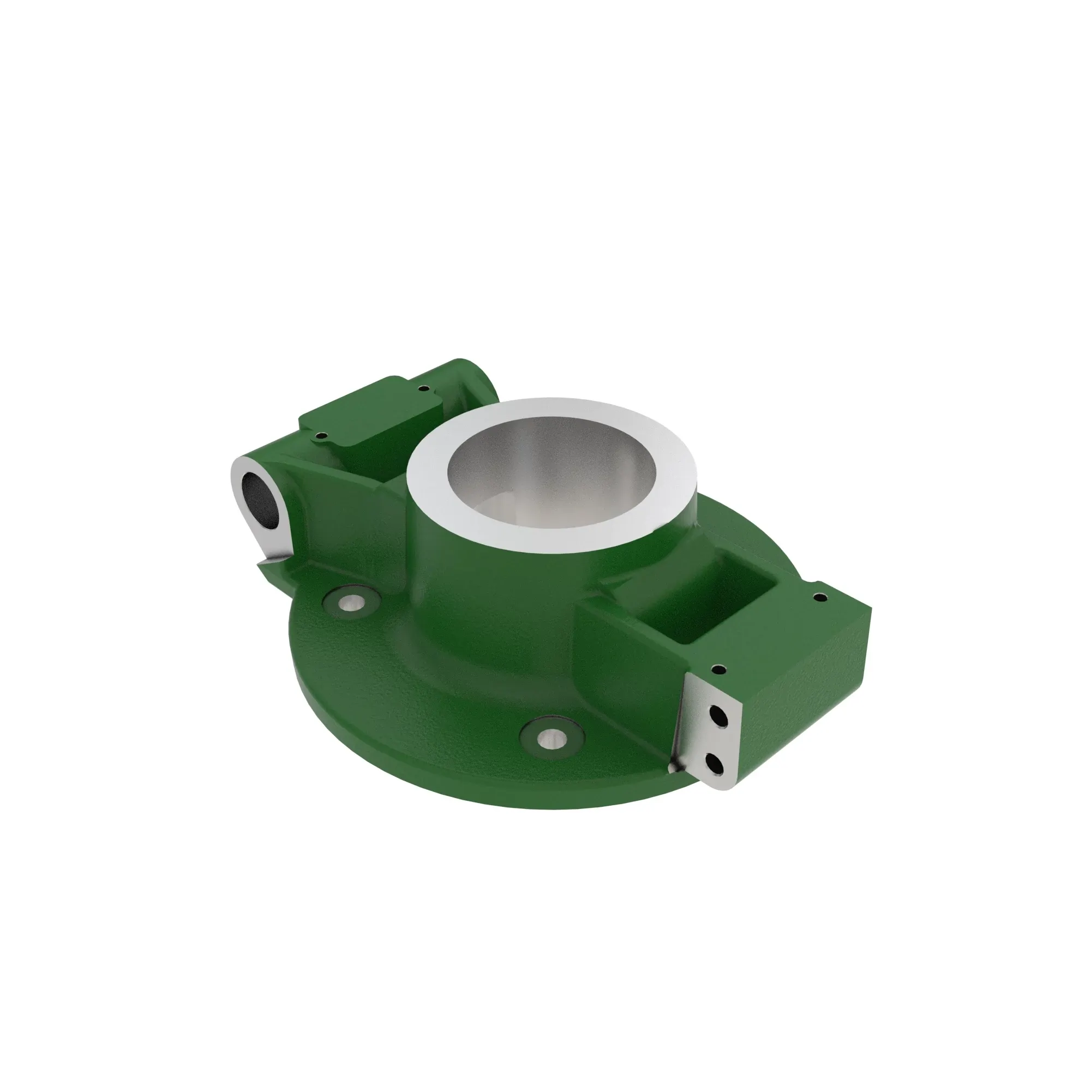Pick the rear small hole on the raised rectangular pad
click(421, 388)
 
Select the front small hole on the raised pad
click(321, 435)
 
